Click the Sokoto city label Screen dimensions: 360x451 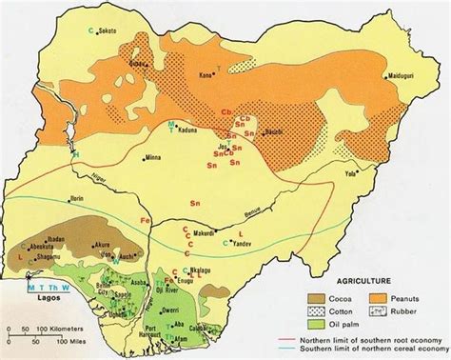111,30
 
